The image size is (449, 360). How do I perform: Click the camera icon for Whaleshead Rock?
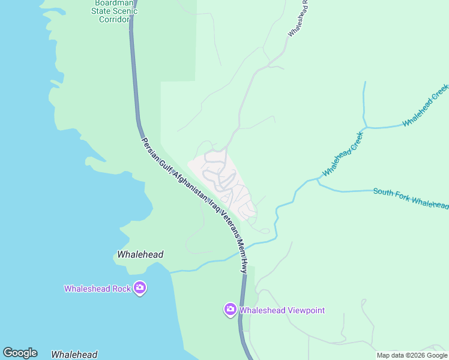(x=140, y=288)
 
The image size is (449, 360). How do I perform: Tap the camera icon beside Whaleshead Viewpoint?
(x=230, y=310)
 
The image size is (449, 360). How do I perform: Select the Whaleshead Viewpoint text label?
(x=282, y=310)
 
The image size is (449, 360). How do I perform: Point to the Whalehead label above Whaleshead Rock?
(x=140, y=254)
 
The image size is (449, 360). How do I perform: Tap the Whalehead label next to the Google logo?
(x=74, y=355)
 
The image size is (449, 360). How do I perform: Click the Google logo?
(x=20, y=353)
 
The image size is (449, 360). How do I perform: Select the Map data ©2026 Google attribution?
(x=412, y=355)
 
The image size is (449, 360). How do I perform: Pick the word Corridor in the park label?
(x=114, y=19)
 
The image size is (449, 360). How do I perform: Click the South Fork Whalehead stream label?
(x=410, y=199)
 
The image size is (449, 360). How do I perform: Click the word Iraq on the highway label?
(x=209, y=205)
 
